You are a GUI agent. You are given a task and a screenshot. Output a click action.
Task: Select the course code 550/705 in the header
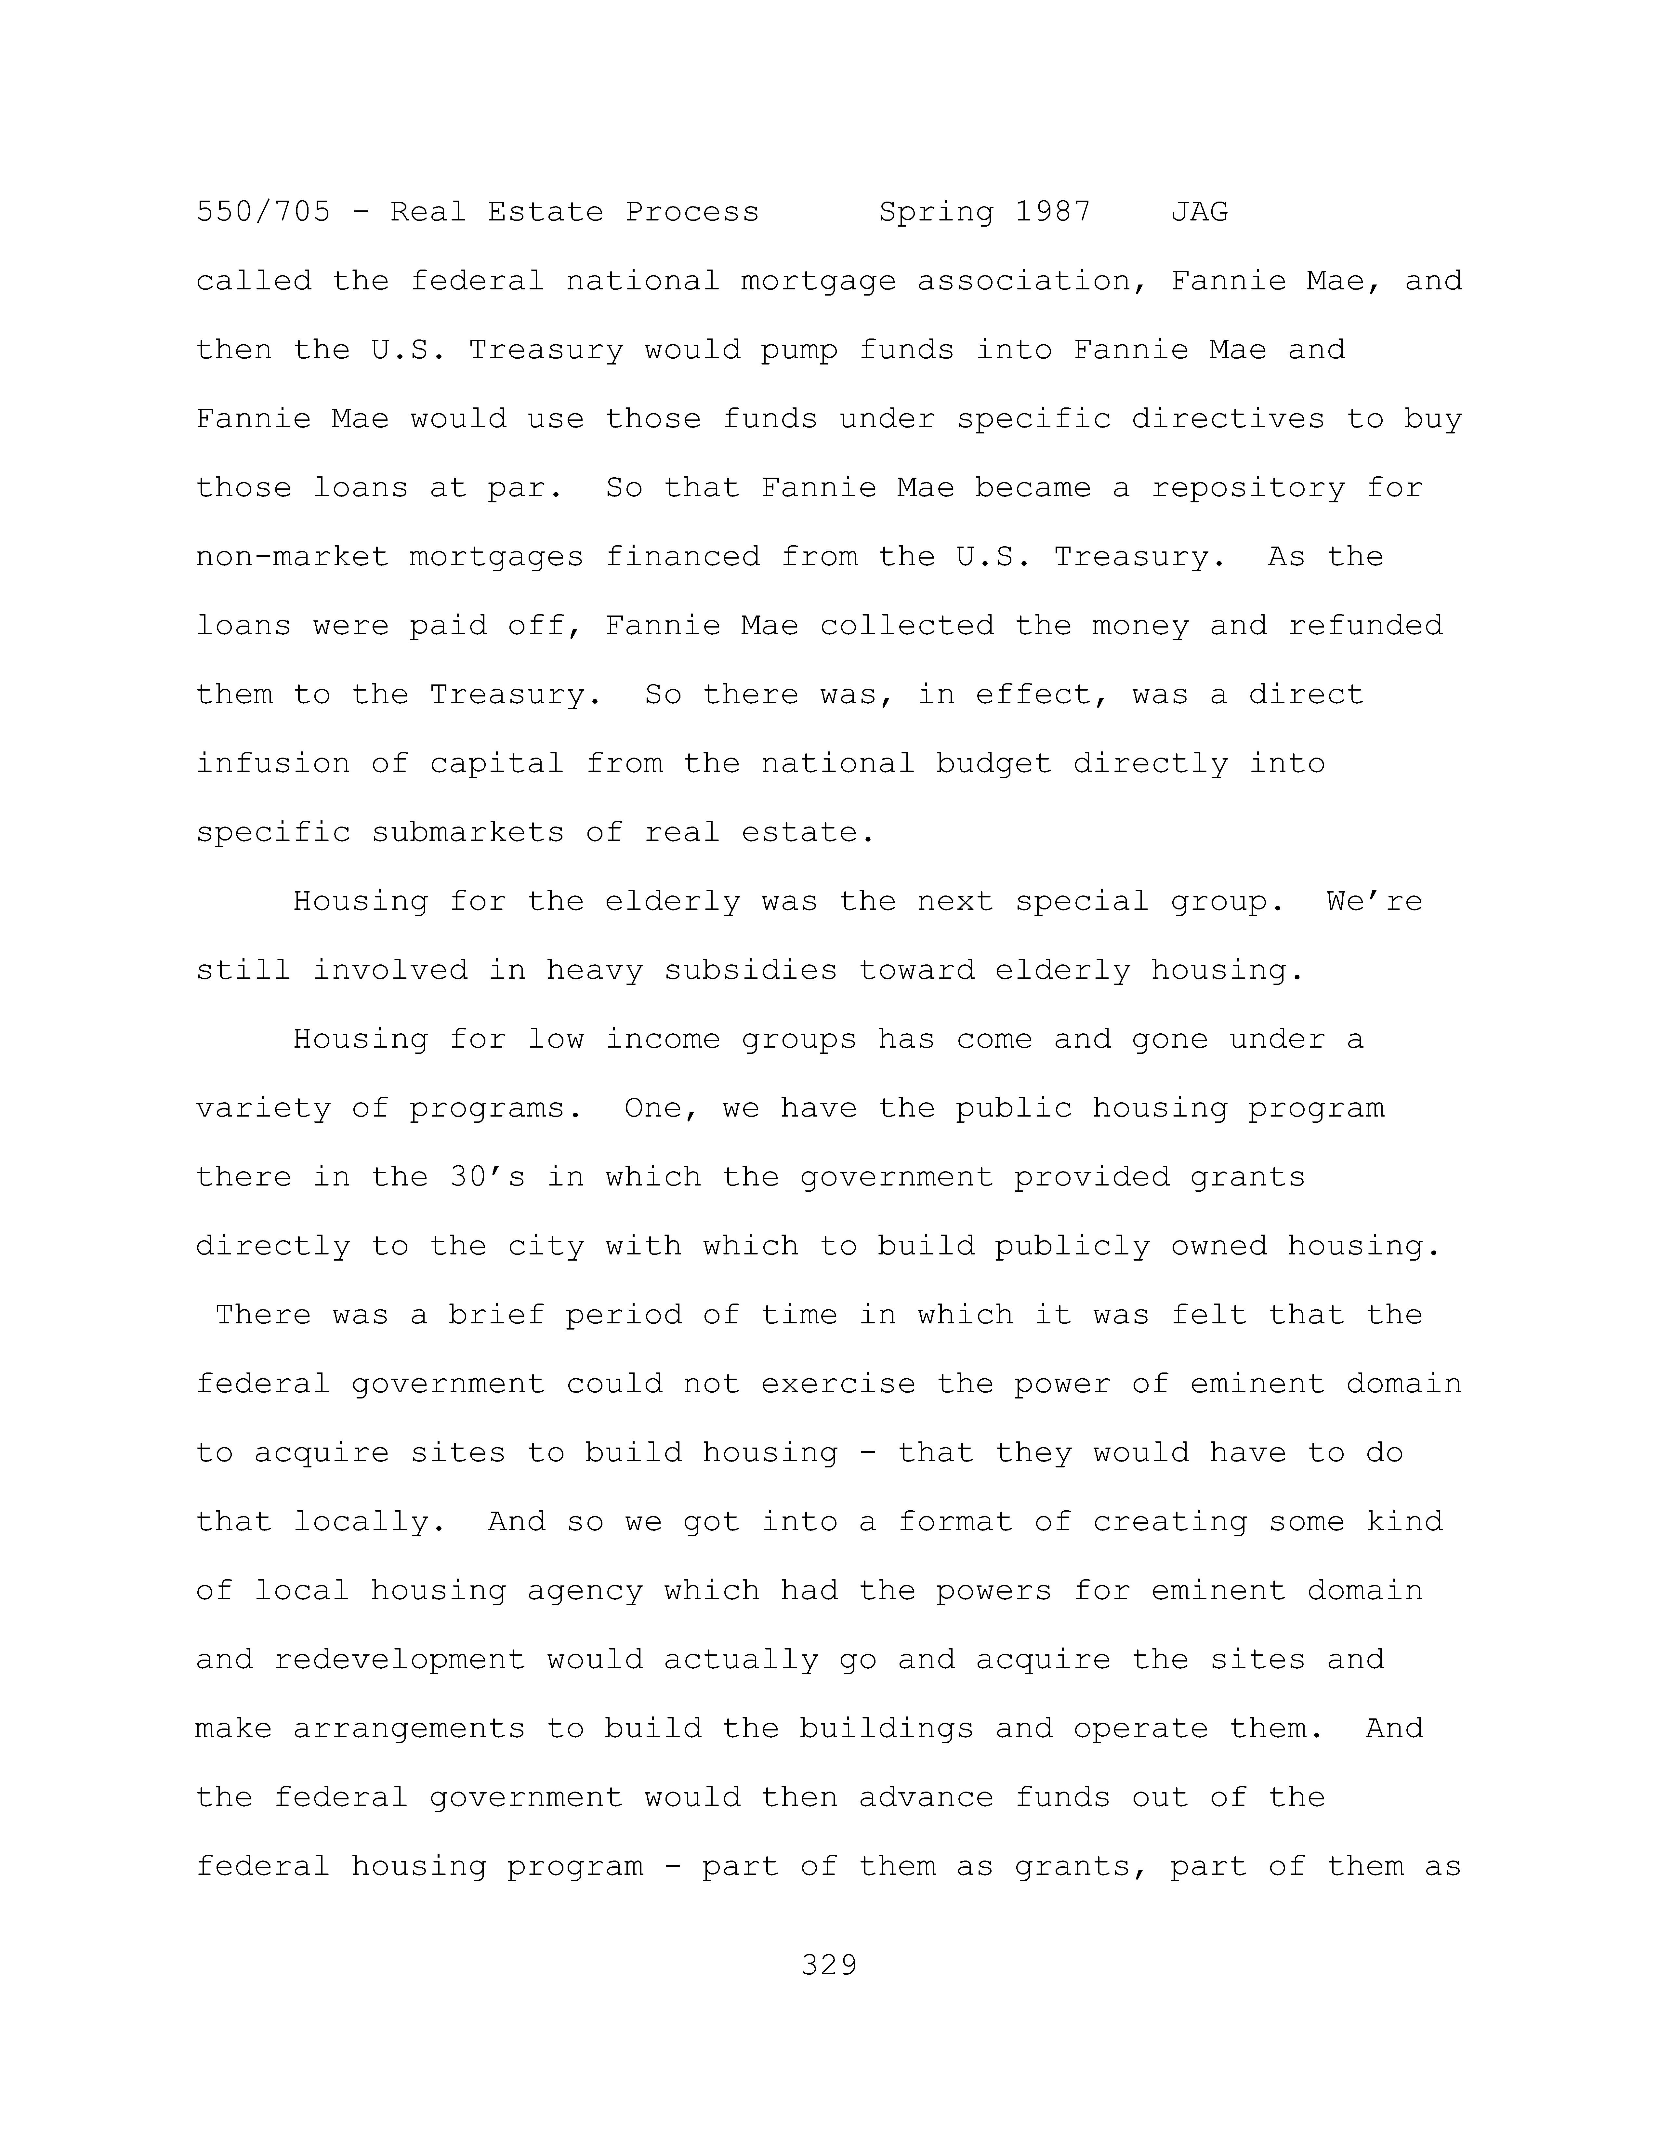click(x=263, y=212)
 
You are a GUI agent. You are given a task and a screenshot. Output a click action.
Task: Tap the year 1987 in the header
click(x=1053, y=212)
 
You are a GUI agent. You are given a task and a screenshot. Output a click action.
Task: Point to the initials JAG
click(x=1199, y=212)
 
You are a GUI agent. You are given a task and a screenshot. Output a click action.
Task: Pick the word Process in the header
click(x=692, y=212)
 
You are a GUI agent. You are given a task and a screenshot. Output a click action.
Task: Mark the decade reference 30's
click(x=487, y=1177)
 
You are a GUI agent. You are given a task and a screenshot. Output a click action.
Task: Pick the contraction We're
click(x=1374, y=902)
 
